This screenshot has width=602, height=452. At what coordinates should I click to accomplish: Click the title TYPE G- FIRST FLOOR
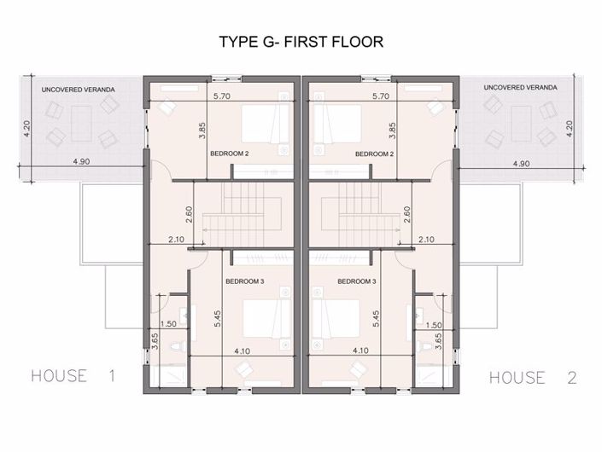[301, 42]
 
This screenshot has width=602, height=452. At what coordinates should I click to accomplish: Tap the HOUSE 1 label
[73, 376]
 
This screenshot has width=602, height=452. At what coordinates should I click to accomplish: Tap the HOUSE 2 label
[533, 378]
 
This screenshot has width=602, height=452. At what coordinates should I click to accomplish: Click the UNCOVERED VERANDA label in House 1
[79, 90]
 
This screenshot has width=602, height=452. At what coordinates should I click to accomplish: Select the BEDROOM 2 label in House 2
[374, 154]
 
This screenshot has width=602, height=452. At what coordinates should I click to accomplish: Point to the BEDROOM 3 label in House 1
[245, 281]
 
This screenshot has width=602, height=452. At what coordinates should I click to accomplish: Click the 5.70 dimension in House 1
[222, 96]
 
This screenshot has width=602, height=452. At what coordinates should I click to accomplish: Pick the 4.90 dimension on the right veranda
[521, 164]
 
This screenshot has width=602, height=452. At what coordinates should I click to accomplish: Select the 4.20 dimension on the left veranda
[26, 129]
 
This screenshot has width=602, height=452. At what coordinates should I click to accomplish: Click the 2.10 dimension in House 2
[426, 240]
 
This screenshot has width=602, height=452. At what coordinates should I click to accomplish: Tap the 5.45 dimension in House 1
[217, 319]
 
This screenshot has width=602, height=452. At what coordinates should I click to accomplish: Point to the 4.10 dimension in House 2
[360, 351]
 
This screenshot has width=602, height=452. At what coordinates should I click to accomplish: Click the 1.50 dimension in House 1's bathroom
[168, 324]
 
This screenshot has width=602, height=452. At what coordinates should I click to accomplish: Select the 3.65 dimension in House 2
[438, 341]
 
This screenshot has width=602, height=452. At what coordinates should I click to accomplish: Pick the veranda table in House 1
[81, 124]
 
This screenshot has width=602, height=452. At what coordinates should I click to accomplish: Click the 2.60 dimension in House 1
[189, 215]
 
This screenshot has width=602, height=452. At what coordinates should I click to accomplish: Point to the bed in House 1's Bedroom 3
[266, 319]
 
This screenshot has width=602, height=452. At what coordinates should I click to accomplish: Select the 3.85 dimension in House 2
[392, 130]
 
